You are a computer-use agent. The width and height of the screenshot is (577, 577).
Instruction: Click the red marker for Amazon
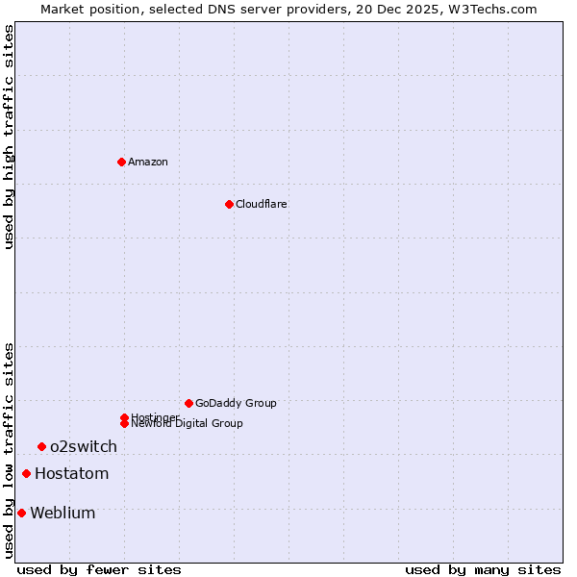121,162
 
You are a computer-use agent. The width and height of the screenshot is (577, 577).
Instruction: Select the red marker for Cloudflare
229,204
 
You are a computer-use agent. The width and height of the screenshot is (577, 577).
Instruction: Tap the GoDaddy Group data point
188,403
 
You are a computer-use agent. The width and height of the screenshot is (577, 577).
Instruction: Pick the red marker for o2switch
41,446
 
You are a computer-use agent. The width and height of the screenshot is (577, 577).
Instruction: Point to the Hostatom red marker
26,473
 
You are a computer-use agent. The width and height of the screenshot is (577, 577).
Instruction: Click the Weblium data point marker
21,513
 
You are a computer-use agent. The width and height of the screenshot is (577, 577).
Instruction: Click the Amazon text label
148,162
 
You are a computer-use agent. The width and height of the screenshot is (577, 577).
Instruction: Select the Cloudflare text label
262,204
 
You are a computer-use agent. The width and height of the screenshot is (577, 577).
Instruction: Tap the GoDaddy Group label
236,403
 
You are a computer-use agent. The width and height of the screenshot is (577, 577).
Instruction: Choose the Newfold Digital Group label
188,423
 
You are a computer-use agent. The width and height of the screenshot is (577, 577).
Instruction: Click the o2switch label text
84,446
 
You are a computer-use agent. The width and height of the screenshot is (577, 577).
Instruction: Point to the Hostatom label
72,473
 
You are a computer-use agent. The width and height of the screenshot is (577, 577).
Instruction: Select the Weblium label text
63,513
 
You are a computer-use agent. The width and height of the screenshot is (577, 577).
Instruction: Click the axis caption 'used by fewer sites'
99,569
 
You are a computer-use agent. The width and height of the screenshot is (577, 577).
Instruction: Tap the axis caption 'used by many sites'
483,569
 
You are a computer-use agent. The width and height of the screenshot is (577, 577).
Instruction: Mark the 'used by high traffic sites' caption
9,137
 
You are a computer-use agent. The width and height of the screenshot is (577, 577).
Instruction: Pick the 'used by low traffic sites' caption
9,450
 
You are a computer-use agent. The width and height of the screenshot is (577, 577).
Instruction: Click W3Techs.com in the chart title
494,9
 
